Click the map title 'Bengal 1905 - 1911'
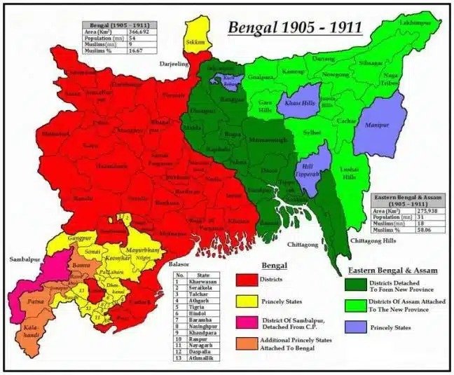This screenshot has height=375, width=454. point(294,28)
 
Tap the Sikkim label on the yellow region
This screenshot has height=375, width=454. point(195,42)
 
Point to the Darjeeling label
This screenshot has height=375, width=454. point(174,63)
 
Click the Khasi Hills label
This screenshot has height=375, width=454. point(300,102)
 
